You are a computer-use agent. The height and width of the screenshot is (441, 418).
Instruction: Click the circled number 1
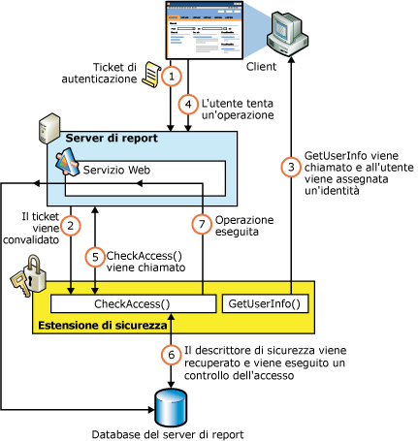pos(172,76)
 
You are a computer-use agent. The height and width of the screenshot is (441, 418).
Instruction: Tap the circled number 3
pos(290,167)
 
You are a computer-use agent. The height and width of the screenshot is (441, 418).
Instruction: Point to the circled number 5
pos(94,258)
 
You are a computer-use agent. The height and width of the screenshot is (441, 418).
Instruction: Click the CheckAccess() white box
pos(133,304)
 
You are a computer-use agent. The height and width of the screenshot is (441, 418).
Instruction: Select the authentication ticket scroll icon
pos(151,69)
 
